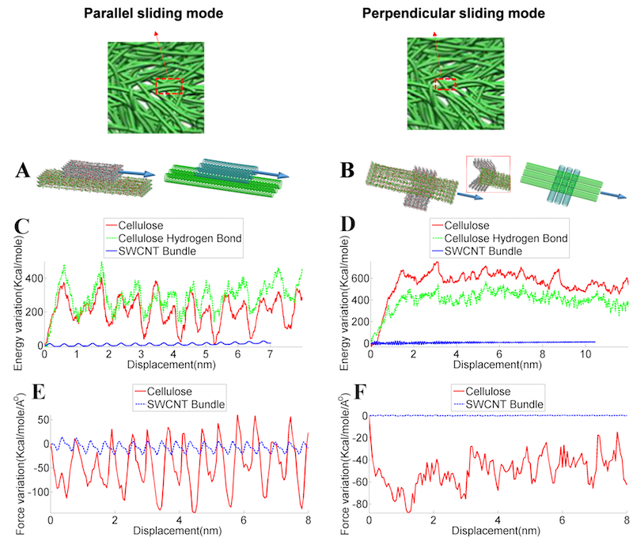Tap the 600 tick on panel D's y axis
point(356,278)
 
